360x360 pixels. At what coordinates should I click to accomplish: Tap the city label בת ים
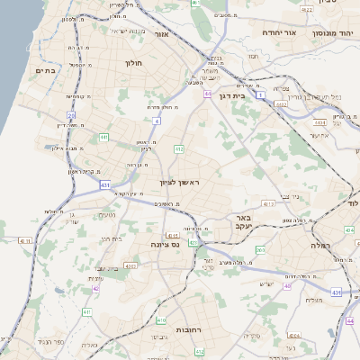[45, 70]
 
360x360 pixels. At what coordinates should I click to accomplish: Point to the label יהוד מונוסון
[330, 31]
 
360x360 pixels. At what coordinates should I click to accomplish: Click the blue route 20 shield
[71, 115]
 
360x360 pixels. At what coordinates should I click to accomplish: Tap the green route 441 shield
[104, 137]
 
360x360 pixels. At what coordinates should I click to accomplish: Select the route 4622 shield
[307, 9]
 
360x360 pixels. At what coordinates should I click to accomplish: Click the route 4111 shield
[23, 241]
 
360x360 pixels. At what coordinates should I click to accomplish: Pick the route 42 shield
[95, 289]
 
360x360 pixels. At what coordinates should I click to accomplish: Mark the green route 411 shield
[87, 311]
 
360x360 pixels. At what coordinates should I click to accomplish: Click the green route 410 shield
[162, 319]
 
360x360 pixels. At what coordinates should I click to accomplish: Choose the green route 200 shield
[260, 250]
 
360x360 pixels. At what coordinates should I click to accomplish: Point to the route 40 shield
[287, 286]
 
